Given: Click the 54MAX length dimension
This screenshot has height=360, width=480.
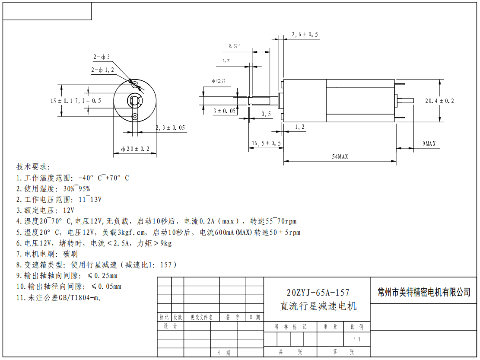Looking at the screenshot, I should [340, 157].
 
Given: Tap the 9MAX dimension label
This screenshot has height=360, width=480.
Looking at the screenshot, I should [429, 143].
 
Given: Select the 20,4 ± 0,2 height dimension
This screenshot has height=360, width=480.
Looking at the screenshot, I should [439, 101].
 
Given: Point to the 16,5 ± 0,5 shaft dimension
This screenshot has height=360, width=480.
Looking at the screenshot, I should [266, 143].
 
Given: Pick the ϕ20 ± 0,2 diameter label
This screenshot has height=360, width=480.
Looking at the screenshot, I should [135, 149].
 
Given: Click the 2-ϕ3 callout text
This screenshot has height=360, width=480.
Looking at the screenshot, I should [102, 57].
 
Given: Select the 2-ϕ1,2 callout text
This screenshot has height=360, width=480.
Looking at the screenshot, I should [102, 70].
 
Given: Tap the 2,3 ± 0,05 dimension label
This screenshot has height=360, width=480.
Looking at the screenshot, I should [170, 127].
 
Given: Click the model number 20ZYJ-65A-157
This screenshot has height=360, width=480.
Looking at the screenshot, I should [318, 293].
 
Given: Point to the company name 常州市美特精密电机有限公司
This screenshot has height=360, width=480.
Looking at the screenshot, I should [424, 292].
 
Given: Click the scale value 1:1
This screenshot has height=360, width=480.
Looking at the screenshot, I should [356, 339].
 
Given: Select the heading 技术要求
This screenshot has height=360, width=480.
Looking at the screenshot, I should [33, 167].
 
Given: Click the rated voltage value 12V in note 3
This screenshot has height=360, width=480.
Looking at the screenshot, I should [69, 210].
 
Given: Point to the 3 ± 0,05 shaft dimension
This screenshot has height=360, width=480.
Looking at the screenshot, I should [225, 111].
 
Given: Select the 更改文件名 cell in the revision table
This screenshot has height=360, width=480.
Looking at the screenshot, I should [201, 317].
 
